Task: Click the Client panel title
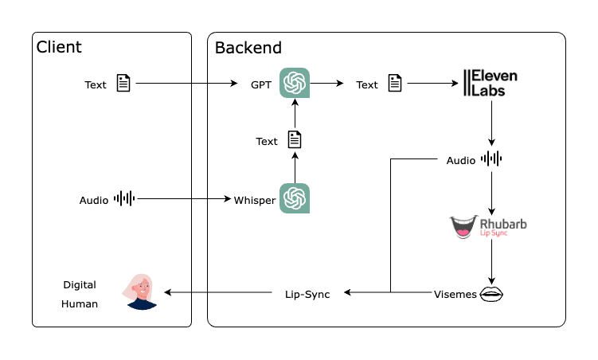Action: click(59, 47)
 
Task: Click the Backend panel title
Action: click(248, 47)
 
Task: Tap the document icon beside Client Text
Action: click(123, 84)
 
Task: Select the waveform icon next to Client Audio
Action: click(125, 198)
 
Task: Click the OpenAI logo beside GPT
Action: click(295, 84)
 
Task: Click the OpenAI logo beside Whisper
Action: click(295, 198)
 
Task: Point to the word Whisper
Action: click(255, 200)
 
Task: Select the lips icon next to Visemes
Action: click(491, 293)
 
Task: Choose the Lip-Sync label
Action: click(307, 294)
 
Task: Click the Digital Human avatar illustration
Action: click(140, 291)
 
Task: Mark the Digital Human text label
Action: click(80, 293)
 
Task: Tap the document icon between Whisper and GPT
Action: click(295, 141)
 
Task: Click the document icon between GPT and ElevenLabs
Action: click(394, 84)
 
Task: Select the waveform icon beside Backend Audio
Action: click(491, 159)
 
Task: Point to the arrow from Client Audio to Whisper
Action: click(183, 199)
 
